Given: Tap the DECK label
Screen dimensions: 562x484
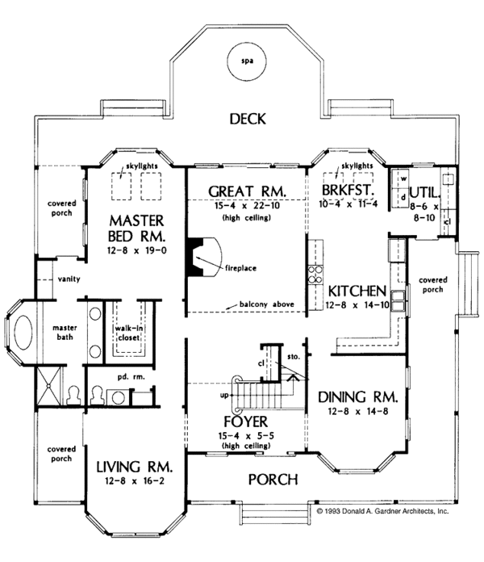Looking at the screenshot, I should (x=248, y=120).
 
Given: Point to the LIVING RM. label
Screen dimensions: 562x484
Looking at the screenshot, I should (x=136, y=467).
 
